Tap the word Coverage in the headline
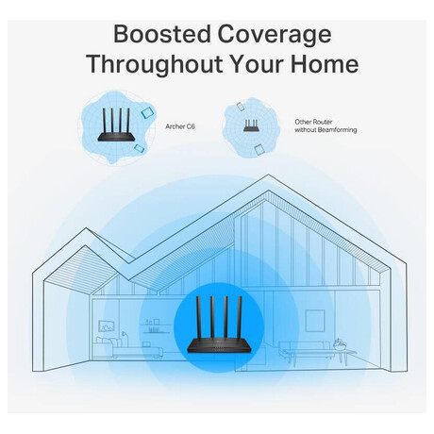pyautogui.click(x=275, y=35)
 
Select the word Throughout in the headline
pyautogui.click(x=154, y=64)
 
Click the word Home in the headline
pyautogui.click(x=325, y=64)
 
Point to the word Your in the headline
pyautogui.click(x=255, y=64)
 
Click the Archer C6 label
pyautogui.click(x=180, y=126)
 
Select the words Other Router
pyautogui.click(x=313, y=122)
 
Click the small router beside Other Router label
pyautogui.click(x=252, y=125)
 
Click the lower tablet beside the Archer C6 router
pyautogui.click(x=139, y=148)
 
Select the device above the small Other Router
pyautogui.click(x=241, y=107)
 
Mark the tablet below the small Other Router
pyautogui.click(x=259, y=149)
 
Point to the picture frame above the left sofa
pyautogui.click(x=107, y=325)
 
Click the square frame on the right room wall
pyautogui.click(x=315, y=321)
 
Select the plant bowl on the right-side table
pyautogui.click(x=339, y=345)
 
